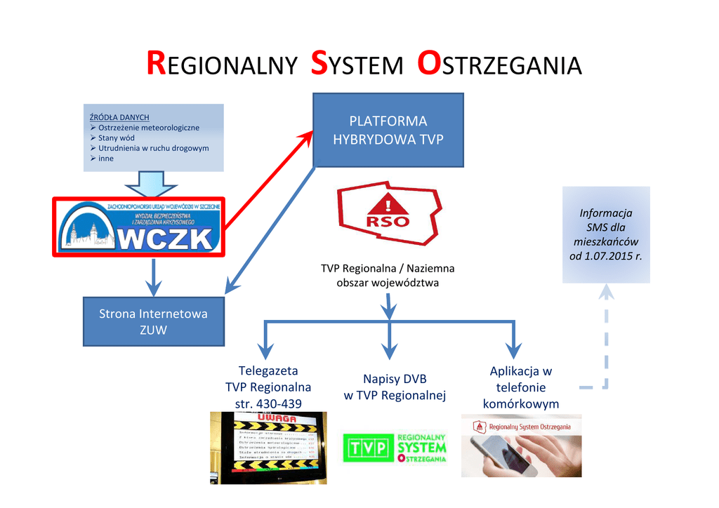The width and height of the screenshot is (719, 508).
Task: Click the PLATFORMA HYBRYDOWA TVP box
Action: pos(388,130)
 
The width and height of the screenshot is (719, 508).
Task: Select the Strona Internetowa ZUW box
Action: pos(154,321)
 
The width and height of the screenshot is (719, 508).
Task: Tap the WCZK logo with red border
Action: pos(139,226)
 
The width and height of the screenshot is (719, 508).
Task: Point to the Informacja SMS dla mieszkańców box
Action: pos(605,234)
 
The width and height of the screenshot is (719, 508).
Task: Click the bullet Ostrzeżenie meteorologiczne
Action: pos(148,128)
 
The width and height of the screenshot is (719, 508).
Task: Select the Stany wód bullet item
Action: pos(116,138)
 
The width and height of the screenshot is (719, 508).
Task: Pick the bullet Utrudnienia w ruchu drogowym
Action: pos(153,148)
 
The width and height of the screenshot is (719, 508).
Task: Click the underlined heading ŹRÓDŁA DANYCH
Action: pos(119,117)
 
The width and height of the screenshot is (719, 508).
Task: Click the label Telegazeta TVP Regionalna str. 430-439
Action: pos(268,387)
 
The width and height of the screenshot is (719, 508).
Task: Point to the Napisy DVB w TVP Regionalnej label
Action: pos(395,387)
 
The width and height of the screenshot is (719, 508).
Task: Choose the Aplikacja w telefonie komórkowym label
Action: pos(520,387)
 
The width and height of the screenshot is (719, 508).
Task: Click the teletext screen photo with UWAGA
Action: pos(268,447)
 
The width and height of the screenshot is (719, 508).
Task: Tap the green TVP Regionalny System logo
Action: pos(395,448)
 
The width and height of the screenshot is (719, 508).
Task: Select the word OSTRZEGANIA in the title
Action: pos(499,65)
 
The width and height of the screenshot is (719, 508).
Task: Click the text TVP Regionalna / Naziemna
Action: pos(388,268)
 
